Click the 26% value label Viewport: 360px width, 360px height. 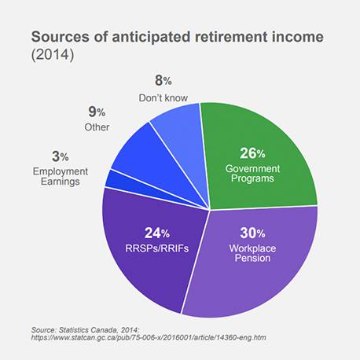point(252,153)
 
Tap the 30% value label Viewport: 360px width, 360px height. point(252,233)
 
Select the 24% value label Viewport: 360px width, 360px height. point(157,233)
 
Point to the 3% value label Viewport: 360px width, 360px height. point(61,156)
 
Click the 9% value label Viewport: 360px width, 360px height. point(97,112)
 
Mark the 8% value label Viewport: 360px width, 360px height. point(163,80)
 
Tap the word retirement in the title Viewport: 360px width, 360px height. point(231,37)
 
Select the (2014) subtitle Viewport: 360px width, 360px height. point(53,55)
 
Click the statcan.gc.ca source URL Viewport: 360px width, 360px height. point(149,337)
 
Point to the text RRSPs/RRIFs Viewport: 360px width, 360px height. point(157,248)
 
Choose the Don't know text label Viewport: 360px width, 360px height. point(163,98)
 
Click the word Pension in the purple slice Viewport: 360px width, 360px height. point(252,258)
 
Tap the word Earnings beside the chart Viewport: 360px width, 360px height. point(61,182)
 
